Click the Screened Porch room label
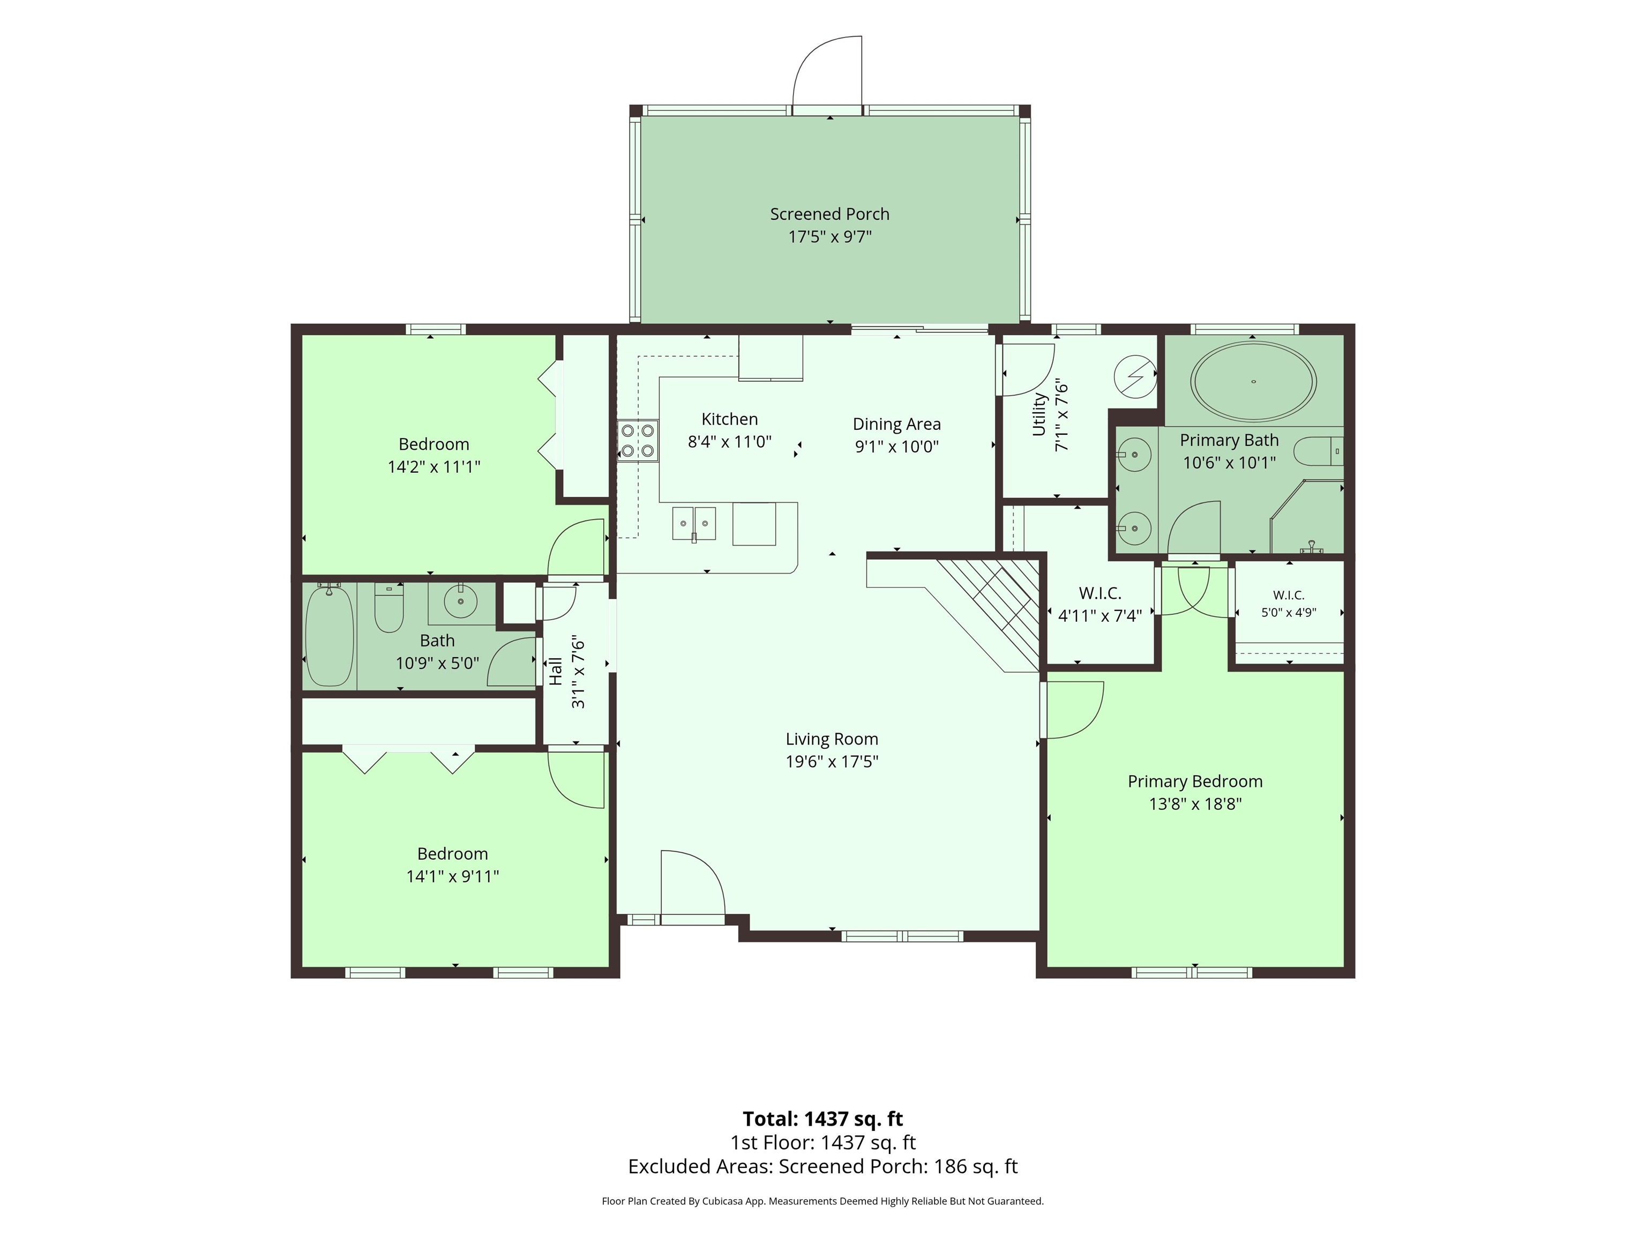tap(829, 214)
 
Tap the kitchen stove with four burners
tap(638, 440)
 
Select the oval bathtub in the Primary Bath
tap(1253, 382)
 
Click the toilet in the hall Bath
tap(388, 608)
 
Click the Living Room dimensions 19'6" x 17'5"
tap(832, 762)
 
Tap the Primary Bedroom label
tap(1195, 782)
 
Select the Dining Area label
tap(896, 425)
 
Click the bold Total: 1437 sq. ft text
tap(823, 1119)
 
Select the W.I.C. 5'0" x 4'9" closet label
tap(1289, 604)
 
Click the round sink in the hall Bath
tap(461, 601)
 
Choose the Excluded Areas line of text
tap(823, 1166)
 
